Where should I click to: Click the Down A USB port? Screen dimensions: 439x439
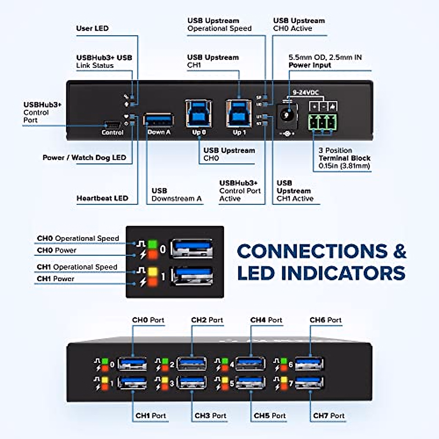pyautogui.click(x=158, y=120)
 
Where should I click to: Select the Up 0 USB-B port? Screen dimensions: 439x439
pyautogui.click(x=199, y=113)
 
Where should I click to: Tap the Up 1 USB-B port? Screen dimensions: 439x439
pyautogui.click(x=239, y=113)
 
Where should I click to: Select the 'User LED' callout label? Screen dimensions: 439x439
pyautogui.click(x=92, y=29)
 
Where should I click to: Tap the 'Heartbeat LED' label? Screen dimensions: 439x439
pyautogui.click(x=102, y=198)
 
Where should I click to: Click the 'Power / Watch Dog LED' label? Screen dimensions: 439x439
pyautogui.click(x=84, y=158)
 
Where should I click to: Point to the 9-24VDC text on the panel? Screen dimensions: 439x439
pyautogui.click(x=305, y=93)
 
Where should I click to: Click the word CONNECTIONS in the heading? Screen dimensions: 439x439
pyautogui.click(x=312, y=251)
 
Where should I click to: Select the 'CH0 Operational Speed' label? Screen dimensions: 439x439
pyautogui.click(x=78, y=239)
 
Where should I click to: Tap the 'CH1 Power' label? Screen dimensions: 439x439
pyautogui.click(x=56, y=279)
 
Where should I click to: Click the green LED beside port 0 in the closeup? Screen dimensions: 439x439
pyautogui.click(x=152, y=244)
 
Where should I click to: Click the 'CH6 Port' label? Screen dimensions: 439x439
pyautogui.click(x=325, y=320)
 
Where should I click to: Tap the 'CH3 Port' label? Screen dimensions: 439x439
pyautogui.click(x=210, y=416)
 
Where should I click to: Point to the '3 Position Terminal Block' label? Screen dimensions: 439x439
pyautogui.click(x=344, y=158)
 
